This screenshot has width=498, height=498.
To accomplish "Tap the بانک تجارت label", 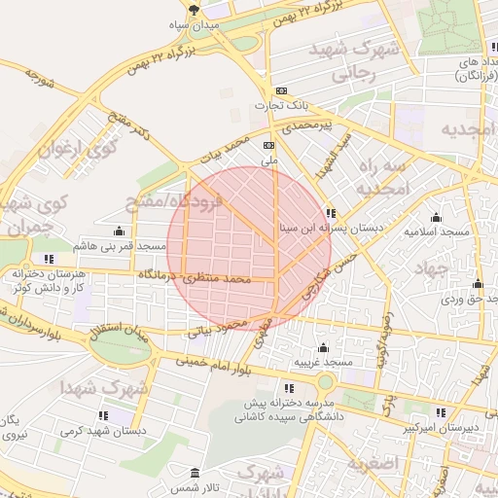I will point(281,105).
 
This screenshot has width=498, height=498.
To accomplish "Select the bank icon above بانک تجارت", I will point(281,90).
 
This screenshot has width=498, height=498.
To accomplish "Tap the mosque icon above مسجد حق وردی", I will point(477,284).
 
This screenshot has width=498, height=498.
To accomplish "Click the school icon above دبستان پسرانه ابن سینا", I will point(331,212).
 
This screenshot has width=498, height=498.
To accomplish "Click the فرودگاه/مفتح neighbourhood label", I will point(174,203).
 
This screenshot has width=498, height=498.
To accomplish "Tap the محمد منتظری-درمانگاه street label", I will point(195,277).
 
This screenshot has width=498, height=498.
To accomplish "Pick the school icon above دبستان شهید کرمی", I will point(102,415).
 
